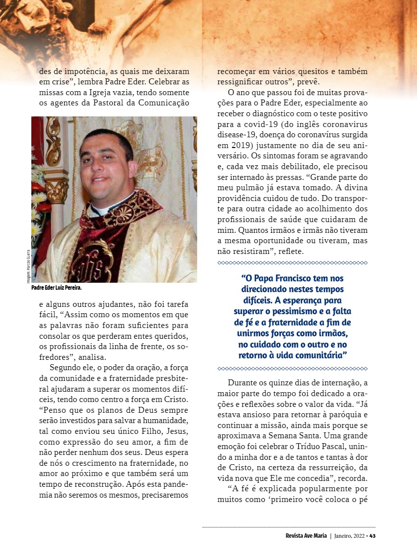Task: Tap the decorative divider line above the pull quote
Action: pyautogui.click(x=292, y=263)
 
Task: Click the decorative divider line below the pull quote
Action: pyautogui.click(x=292, y=368)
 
